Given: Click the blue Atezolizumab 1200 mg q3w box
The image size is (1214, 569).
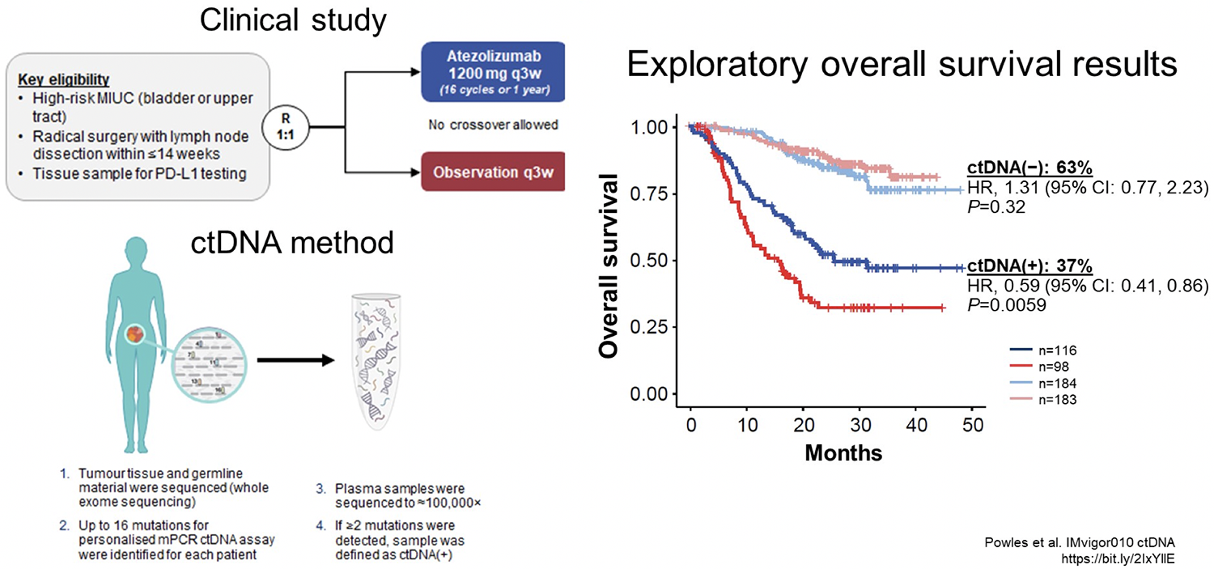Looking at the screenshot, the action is pos(493,72).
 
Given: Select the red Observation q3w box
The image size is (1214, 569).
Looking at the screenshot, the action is pos(493,172).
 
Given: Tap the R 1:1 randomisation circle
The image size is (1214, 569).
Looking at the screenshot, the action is pos(286,127).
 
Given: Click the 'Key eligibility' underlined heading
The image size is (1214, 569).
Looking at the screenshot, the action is pos(63,79).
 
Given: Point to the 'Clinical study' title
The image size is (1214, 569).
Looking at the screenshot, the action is pos(293,20).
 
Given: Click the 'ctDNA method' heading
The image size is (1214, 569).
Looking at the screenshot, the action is pos(291,242).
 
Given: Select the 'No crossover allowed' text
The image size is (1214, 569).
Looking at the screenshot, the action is pos(493,125).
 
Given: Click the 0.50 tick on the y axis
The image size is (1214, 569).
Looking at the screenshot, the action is pos(649,260).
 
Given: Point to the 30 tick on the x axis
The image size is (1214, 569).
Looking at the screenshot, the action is pos(860,424).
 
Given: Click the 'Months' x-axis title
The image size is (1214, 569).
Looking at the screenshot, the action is pos(843,453).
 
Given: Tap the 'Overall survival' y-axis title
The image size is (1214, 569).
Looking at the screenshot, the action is pos(609,265).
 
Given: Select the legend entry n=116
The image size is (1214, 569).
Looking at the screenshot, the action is pos(1043,350).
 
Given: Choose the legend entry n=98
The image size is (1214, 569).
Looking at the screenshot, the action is pos(1039,367).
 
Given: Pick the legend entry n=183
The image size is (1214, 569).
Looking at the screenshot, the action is pos(1043,400).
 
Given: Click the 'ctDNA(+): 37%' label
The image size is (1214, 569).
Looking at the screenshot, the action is pos(1029,265).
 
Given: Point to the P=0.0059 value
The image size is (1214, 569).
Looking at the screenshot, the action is pos(1007,304).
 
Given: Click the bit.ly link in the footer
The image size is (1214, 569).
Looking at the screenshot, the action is pos(1118,558).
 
